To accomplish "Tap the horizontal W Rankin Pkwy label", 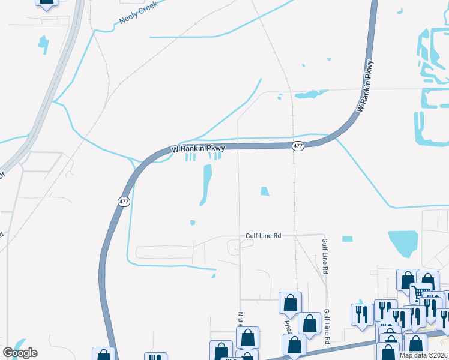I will pyautogui.click(x=197, y=148).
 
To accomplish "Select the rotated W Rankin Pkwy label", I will pyautogui.click(x=365, y=86).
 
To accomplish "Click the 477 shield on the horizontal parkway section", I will pyautogui.click(x=298, y=146).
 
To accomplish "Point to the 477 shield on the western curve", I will pyautogui.click(x=124, y=202).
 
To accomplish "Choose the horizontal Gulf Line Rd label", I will pyautogui.click(x=263, y=236).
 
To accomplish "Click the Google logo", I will pyautogui.click(x=20, y=352).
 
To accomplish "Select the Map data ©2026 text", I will pyautogui.click(x=423, y=355).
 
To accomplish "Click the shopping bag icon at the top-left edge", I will pyautogui.click(x=47, y=2).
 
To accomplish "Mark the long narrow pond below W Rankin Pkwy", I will pyautogui.click(x=207, y=184).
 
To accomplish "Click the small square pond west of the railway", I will pyautogui.click(x=265, y=192).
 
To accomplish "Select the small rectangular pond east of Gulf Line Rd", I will pyautogui.click(x=347, y=238).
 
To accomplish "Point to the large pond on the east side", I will pyautogui.click(x=403, y=242).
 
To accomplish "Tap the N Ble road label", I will pyautogui.click(x=240, y=319).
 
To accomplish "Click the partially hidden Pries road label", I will pyautogui.click(x=287, y=324).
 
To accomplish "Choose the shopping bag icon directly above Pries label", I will pyautogui.click(x=290, y=303).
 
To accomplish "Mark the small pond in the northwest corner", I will pyautogui.click(x=43, y=43).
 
